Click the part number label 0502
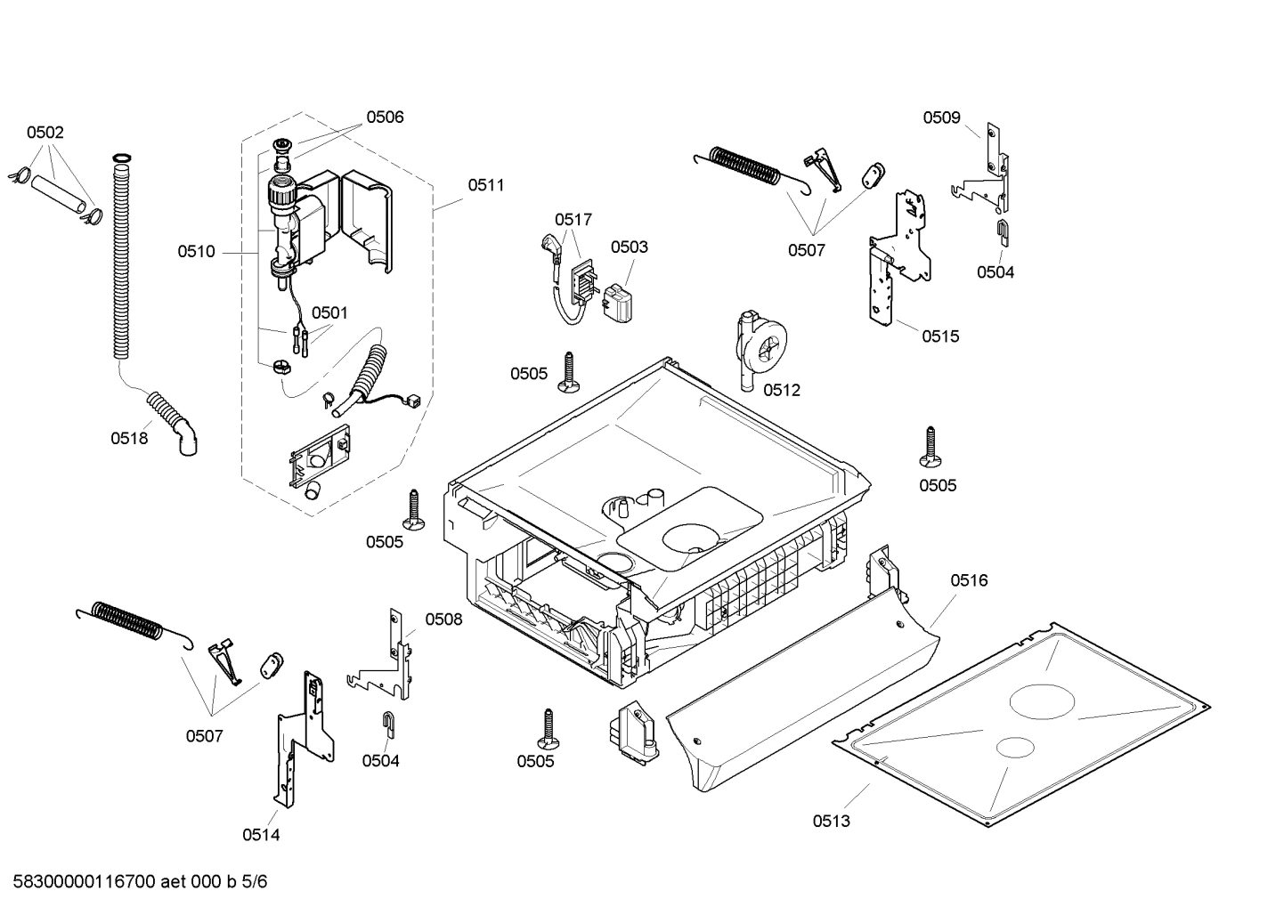[45, 133]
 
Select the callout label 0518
[129, 438]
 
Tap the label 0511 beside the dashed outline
[485, 185]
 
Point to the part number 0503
[629, 247]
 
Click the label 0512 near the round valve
[782, 390]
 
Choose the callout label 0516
[969, 580]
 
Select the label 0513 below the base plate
[831, 821]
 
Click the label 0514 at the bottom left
[261, 834]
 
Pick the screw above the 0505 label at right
[930, 446]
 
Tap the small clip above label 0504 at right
[1003, 231]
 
